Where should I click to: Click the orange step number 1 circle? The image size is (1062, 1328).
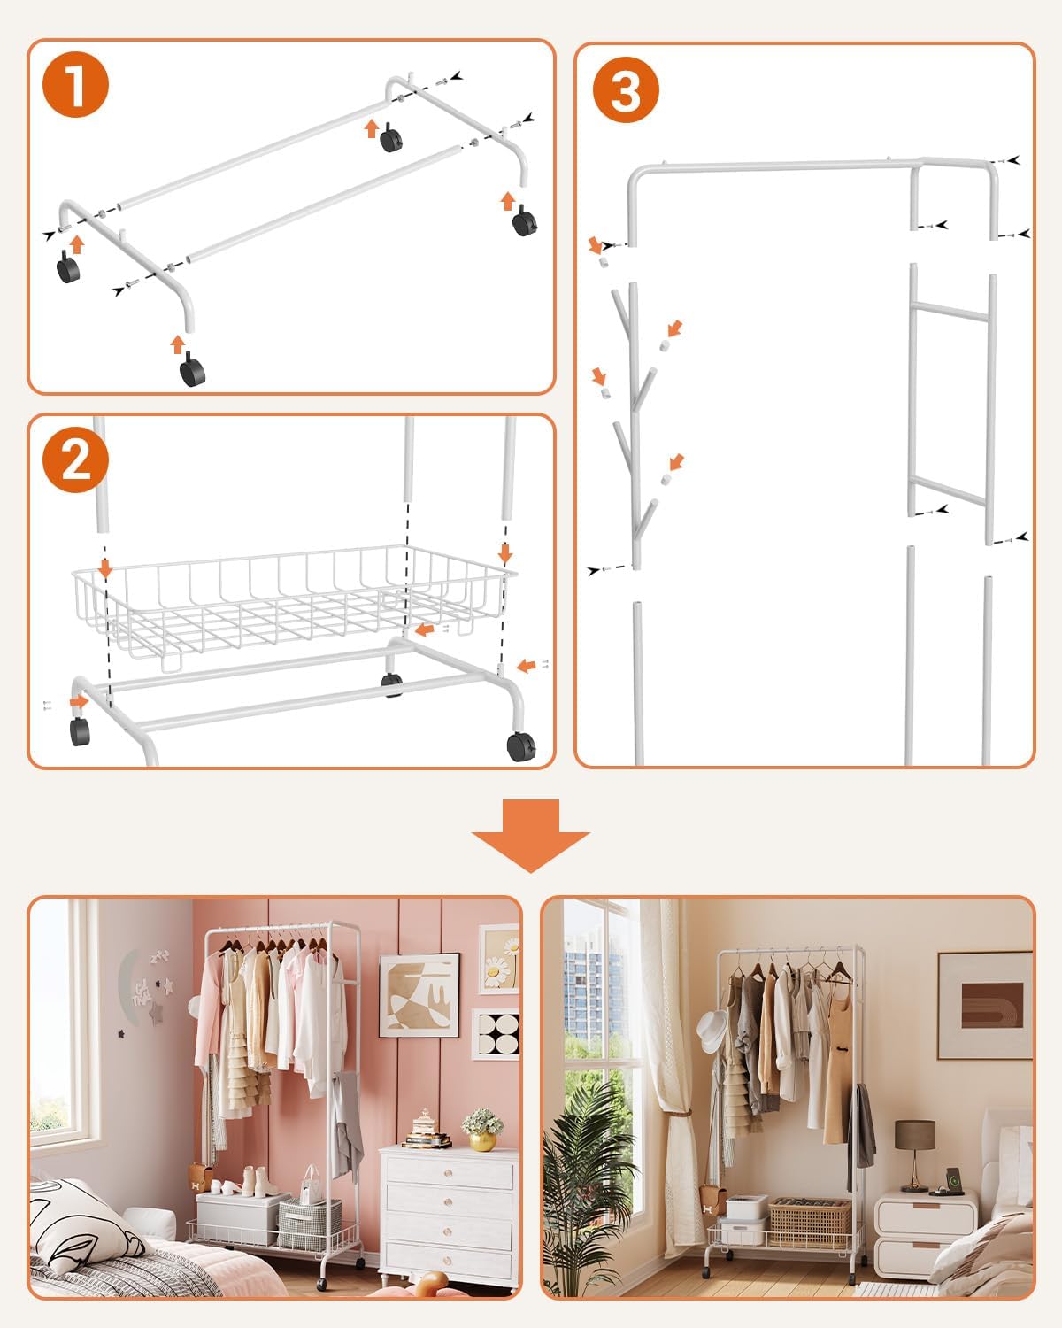click(x=75, y=84)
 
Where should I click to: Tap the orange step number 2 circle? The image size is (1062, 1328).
click(x=75, y=459)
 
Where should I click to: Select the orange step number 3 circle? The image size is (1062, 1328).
click(x=626, y=89)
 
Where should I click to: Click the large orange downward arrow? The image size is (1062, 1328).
click(x=531, y=836)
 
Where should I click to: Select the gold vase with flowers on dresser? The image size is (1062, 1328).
click(x=482, y=1130)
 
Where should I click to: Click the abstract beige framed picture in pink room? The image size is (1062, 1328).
click(x=419, y=995)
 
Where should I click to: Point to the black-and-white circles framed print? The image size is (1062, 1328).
click(x=496, y=1034)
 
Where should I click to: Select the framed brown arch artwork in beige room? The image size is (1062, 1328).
click(x=985, y=1005)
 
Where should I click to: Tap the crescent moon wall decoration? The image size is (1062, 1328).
click(x=127, y=988)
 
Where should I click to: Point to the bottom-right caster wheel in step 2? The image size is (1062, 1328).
click(x=520, y=746)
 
